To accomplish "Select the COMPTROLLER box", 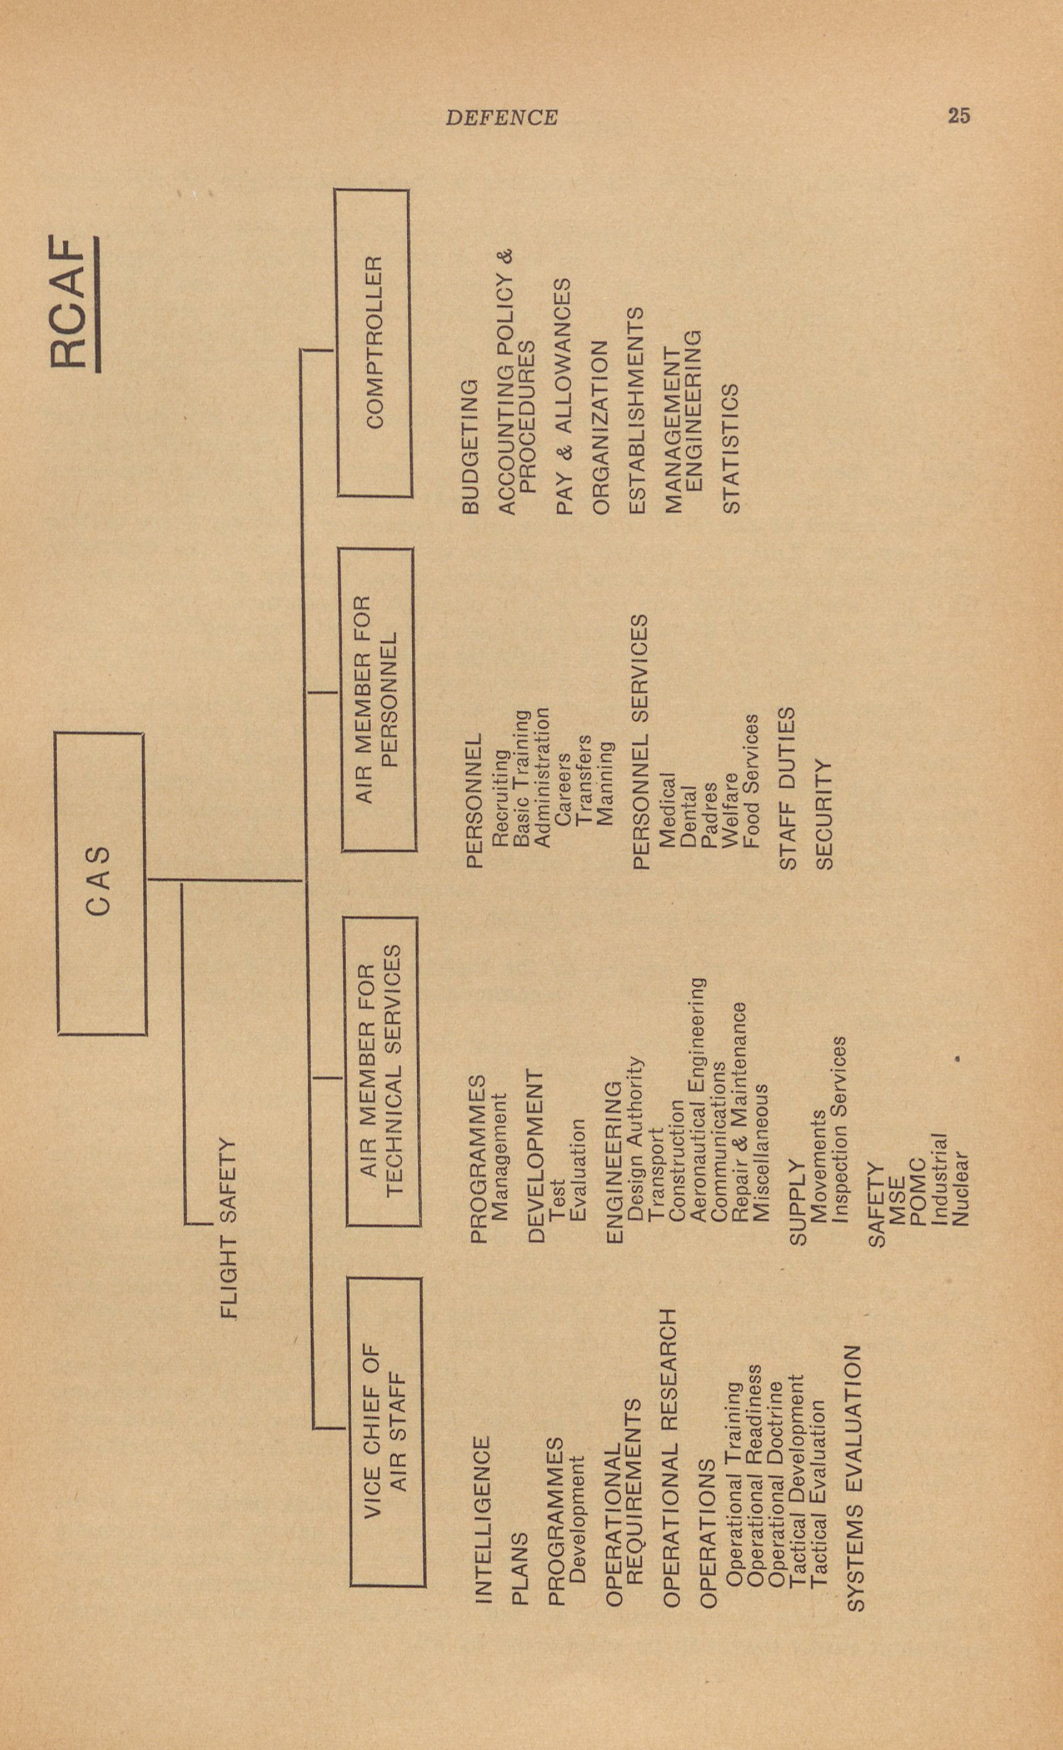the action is pos(374,343).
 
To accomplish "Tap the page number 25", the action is pos(959,116).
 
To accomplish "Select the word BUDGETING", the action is pos(471,447).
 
